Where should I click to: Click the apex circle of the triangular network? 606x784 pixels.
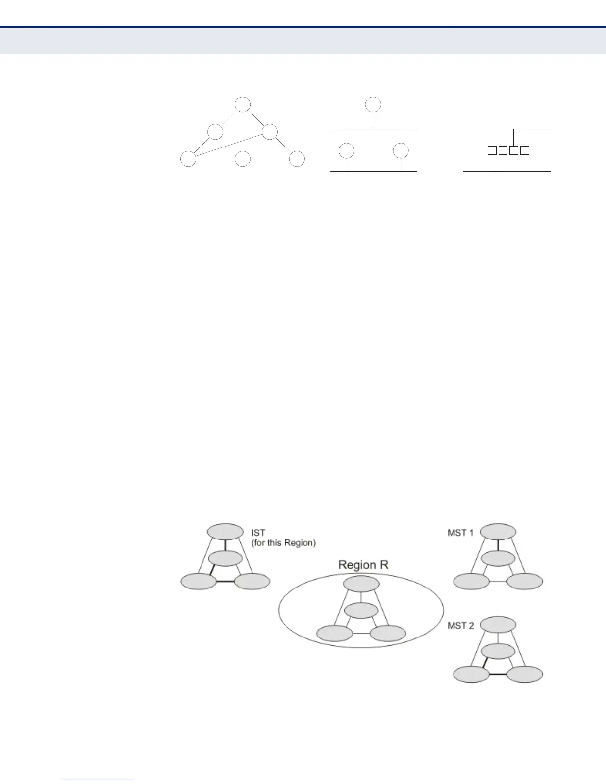(x=242, y=105)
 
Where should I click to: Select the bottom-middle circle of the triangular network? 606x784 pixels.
(x=242, y=159)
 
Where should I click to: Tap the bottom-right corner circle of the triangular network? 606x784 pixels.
(x=297, y=159)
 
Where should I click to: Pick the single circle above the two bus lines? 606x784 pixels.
(x=373, y=105)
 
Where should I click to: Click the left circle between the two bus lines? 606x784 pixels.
(x=346, y=150)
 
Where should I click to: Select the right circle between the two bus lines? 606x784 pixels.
(x=401, y=150)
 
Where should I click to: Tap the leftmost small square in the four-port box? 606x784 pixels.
(x=491, y=150)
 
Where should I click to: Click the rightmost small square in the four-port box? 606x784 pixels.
(x=525, y=150)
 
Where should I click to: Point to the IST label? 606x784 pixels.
(x=258, y=533)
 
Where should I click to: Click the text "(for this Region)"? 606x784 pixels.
(x=283, y=543)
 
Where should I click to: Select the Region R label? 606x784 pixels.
(x=363, y=565)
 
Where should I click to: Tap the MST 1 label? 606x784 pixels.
(x=460, y=533)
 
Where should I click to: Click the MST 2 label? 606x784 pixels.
(x=460, y=626)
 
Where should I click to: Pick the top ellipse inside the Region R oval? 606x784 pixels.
(x=361, y=584)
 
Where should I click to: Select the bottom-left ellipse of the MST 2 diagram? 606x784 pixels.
(x=471, y=675)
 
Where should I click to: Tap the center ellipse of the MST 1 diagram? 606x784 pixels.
(x=498, y=559)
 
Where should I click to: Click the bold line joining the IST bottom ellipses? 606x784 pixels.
(x=225, y=582)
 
